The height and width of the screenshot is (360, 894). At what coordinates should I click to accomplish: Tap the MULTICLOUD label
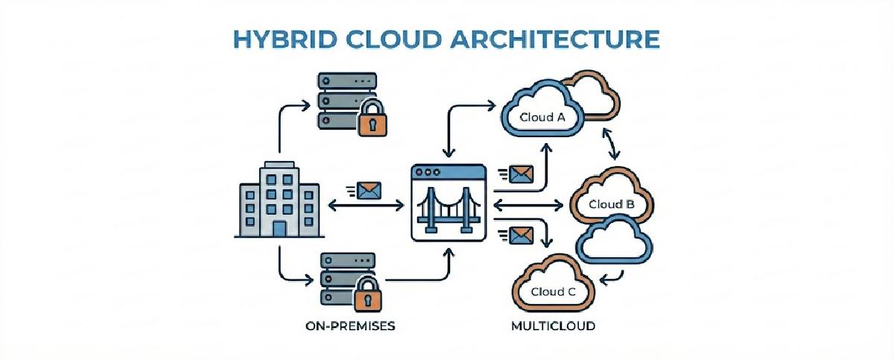tap(554, 326)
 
